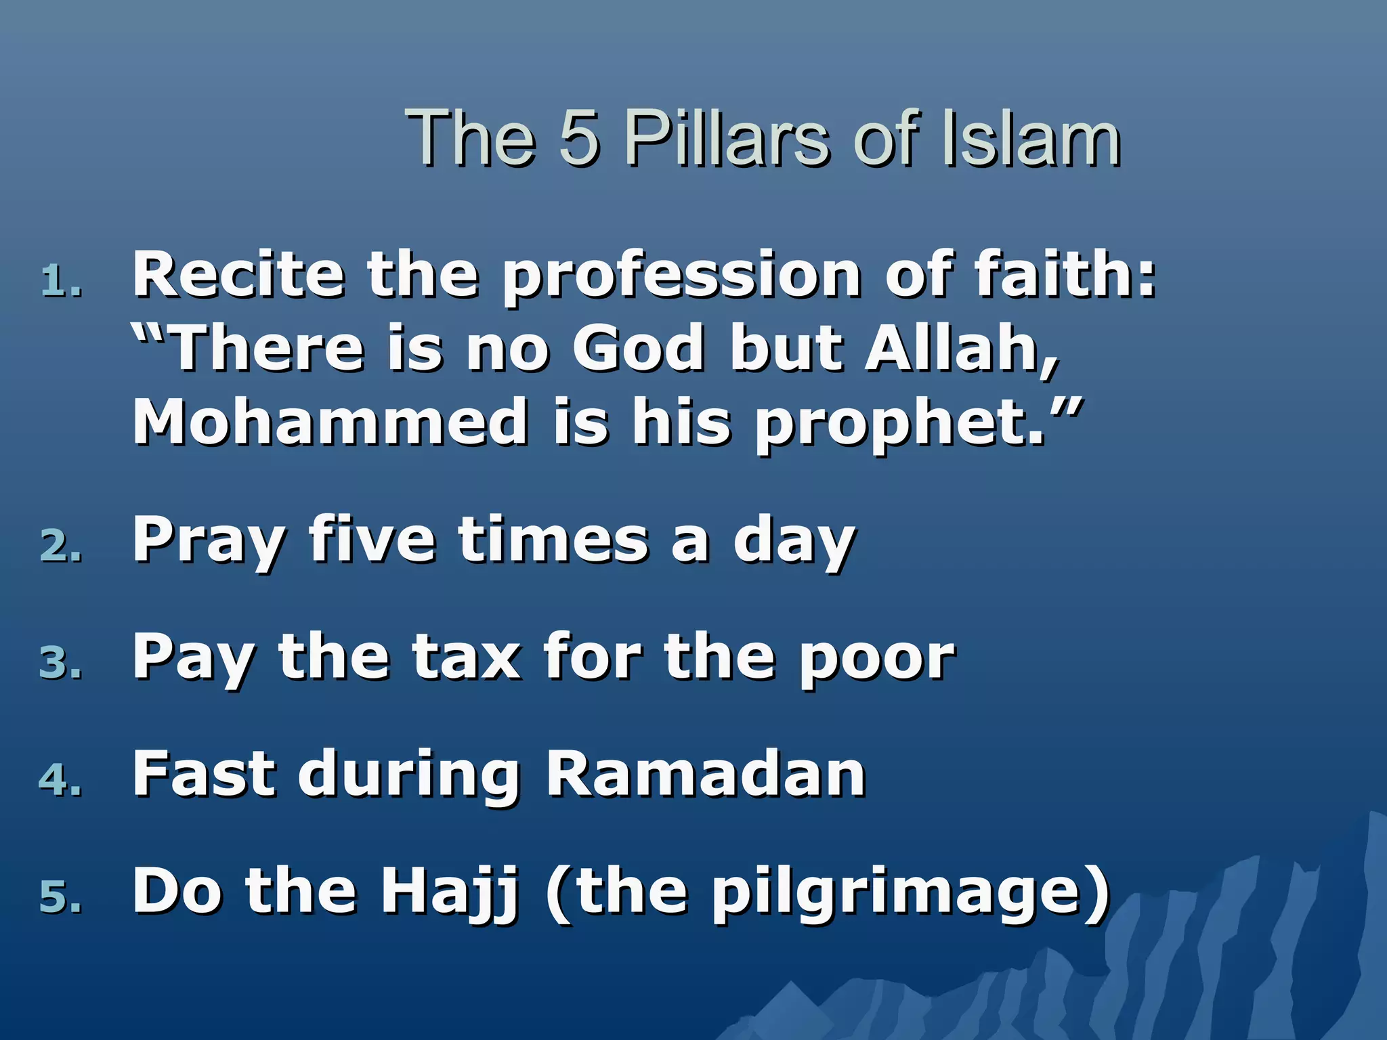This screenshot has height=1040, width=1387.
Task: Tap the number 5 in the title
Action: [x=580, y=138]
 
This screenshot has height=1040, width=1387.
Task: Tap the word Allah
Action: [x=962, y=349]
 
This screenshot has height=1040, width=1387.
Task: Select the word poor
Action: [x=877, y=661]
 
